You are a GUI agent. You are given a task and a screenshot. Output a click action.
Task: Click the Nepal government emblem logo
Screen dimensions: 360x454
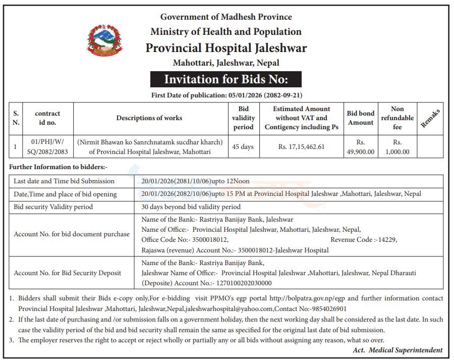click(104, 40)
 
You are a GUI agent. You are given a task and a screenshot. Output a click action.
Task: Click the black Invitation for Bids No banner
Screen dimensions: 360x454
click(225, 80)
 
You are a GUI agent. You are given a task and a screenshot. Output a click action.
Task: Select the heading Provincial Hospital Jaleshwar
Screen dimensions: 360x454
click(226, 48)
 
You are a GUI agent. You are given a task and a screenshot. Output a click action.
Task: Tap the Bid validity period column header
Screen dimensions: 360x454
click(244, 118)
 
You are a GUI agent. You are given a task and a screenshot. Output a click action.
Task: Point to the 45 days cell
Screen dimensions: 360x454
click(243, 147)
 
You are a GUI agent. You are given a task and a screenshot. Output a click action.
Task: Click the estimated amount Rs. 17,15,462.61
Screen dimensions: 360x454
click(301, 147)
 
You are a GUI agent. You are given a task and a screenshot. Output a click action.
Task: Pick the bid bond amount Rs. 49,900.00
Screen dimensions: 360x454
click(361, 147)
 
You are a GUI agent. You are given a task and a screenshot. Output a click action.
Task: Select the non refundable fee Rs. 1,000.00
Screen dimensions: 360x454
click(398, 147)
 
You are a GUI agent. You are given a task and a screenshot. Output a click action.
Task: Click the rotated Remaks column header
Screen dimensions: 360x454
click(430, 118)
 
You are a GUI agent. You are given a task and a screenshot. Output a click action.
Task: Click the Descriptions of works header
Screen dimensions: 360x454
click(149, 118)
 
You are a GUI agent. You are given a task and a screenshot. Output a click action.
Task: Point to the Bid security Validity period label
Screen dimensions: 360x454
click(53, 207)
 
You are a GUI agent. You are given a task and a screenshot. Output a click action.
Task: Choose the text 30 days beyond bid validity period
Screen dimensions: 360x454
click(191, 207)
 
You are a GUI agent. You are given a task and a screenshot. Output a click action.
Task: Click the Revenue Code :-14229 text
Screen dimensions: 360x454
click(364, 240)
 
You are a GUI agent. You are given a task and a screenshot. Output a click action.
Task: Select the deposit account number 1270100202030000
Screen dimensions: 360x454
click(244, 283)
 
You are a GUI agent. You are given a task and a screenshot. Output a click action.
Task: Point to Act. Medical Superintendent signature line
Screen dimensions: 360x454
click(398, 350)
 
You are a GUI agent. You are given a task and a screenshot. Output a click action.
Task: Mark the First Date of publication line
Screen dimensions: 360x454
click(226, 95)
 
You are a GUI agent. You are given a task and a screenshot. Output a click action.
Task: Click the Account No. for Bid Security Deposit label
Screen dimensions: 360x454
click(68, 273)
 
